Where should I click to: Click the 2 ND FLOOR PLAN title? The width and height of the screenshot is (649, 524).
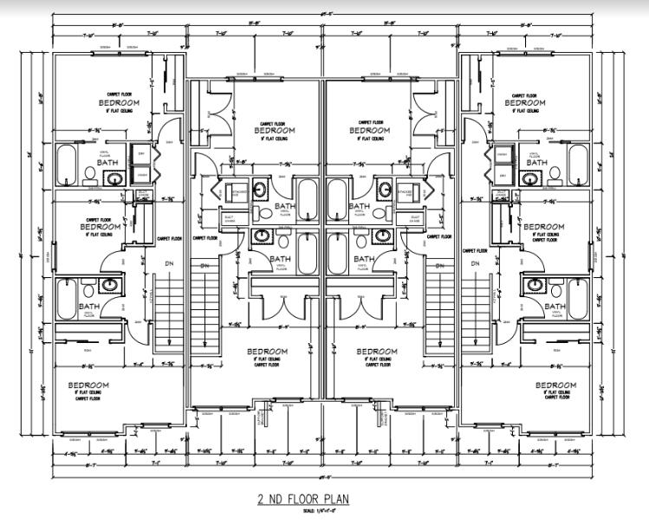324,501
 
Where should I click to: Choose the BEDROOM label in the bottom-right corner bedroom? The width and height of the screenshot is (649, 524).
551,385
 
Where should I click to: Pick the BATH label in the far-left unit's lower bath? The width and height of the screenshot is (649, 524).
90,306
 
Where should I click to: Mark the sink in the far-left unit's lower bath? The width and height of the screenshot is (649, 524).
109,284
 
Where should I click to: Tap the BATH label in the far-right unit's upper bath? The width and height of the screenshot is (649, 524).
537,162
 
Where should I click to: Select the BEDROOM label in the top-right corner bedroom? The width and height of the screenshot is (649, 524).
529,102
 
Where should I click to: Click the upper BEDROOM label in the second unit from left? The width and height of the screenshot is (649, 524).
274,130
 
